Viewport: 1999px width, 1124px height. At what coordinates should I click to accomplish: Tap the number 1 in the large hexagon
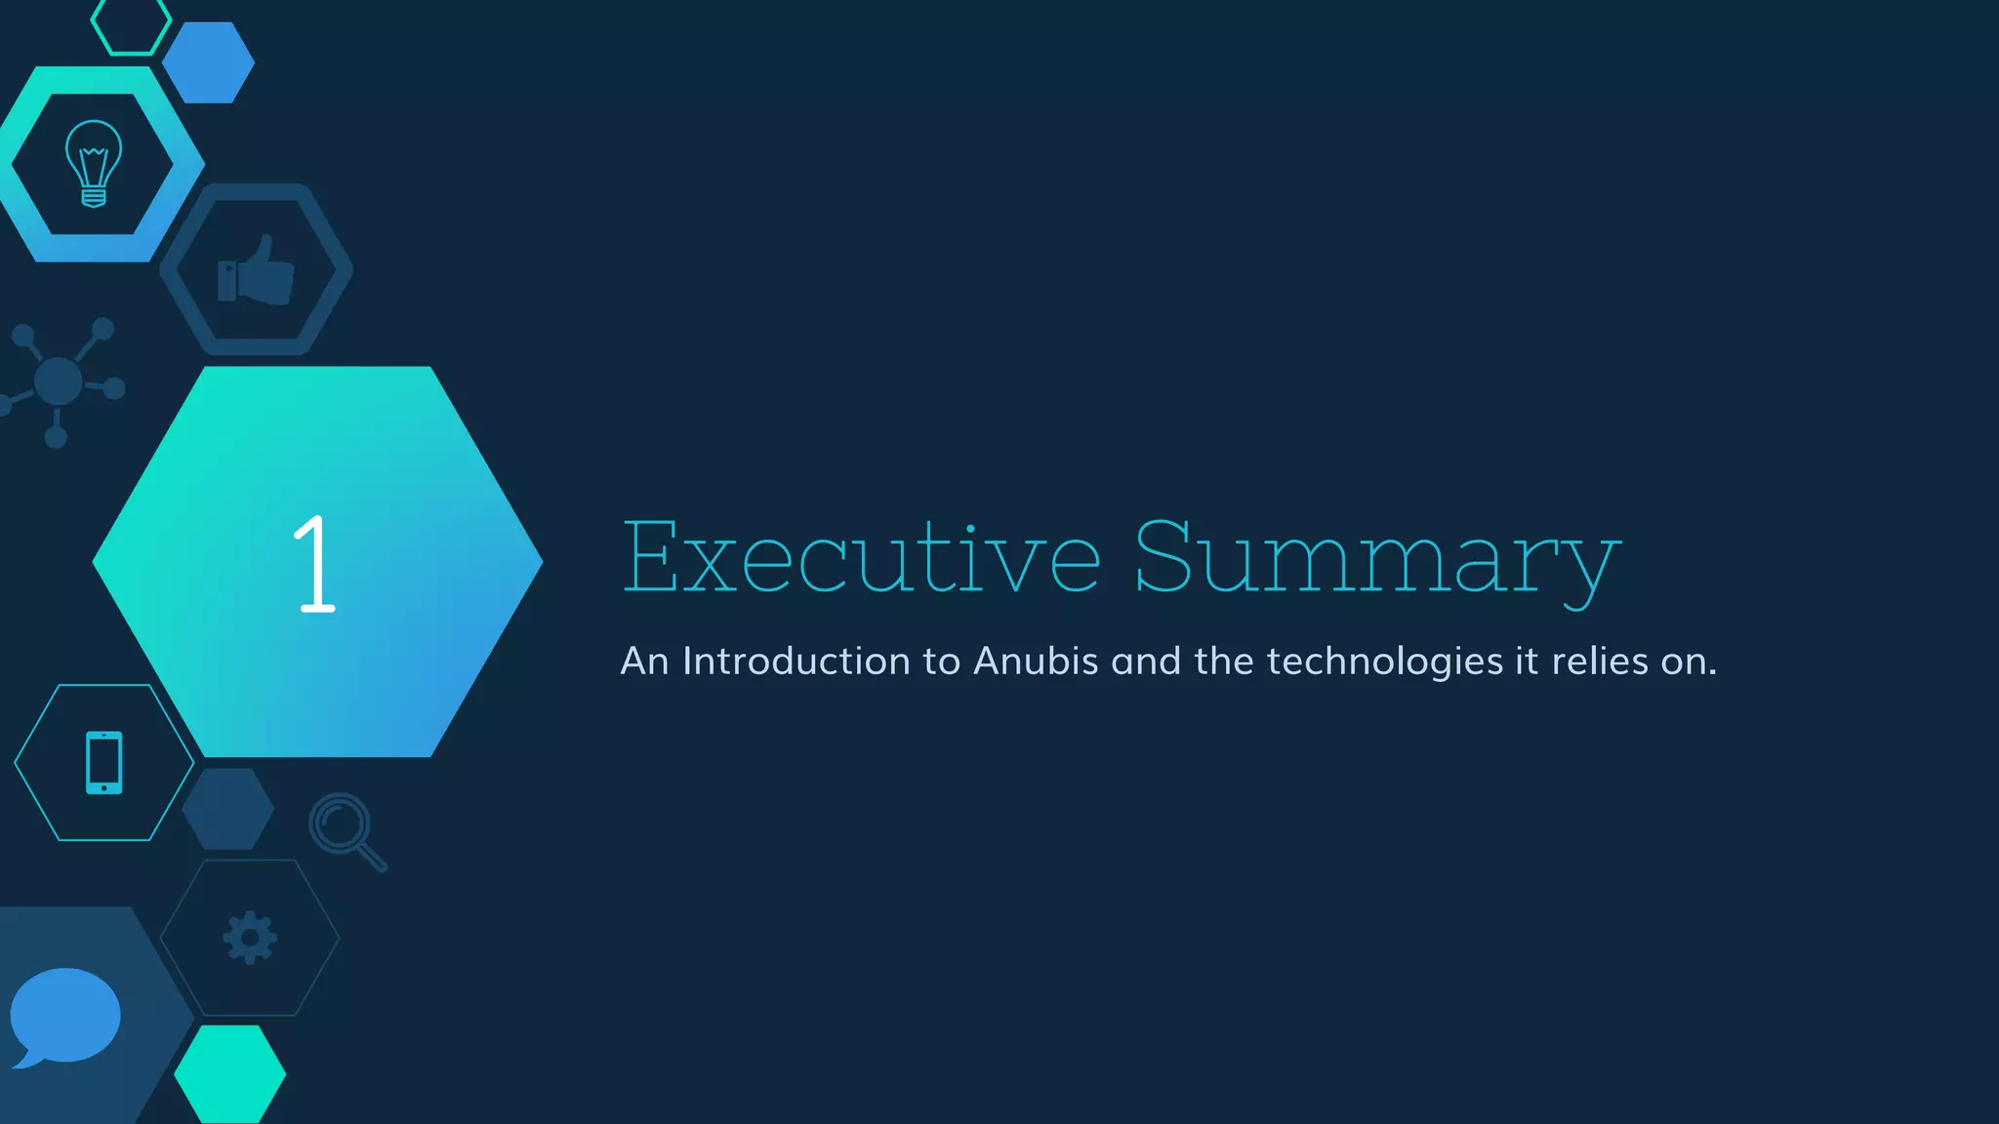(x=314, y=564)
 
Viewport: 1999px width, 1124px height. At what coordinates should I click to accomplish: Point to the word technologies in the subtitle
(x=1384, y=662)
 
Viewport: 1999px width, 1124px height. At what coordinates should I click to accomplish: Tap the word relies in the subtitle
(x=1599, y=662)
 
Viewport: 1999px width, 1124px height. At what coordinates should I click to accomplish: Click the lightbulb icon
(x=94, y=163)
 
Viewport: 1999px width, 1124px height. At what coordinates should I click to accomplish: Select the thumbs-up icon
(x=256, y=270)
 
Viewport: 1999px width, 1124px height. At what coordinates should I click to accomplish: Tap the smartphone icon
(x=104, y=762)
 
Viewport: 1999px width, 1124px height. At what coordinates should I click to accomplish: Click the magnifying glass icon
(x=347, y=830)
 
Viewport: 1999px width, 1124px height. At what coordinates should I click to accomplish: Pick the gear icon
(x=250, y=938)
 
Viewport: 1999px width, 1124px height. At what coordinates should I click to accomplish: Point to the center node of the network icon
(x=58, y=381)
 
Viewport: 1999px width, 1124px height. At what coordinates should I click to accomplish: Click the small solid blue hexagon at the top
(x=208, y=62)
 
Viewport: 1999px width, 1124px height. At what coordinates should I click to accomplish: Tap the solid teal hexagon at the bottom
(x=230, y=1073)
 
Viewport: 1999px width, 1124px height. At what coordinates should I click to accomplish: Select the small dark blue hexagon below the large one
(x=228, y=809)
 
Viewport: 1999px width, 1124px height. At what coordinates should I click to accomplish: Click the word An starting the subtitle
(x=644, y=662)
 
